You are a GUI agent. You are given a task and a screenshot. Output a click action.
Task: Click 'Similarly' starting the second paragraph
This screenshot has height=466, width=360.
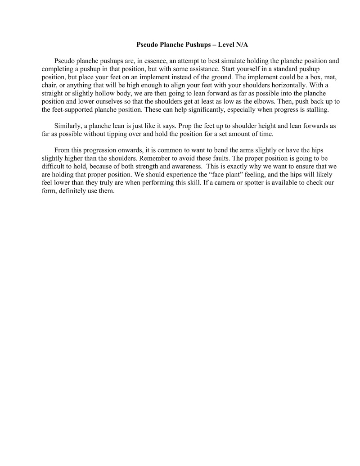67,126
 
